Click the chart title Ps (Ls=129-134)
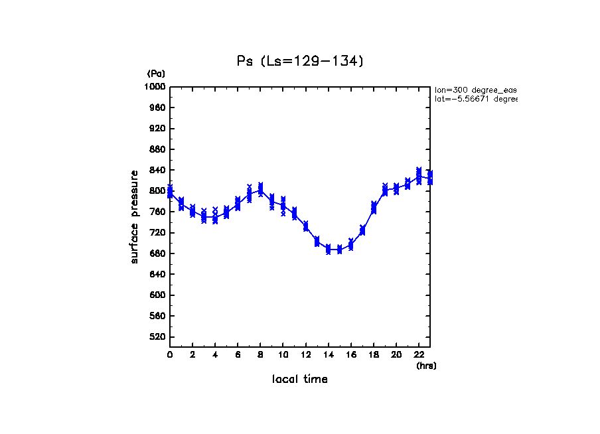pyautogui.click(x=300, y=61)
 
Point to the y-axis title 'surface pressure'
pyautogui.click(x=135, y=216)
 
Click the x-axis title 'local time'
pyautogui.click(x=299, y=379)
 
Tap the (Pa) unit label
pyautogui.click(x=156, y=74)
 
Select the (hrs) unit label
pyautogui.click(x=426, y=365)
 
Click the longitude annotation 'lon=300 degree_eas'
pyautogui.click(x=475, y=90)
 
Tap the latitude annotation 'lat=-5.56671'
pyautogui.click(x=475, y=99)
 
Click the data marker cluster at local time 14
pyautogui.click(x=328, y=250)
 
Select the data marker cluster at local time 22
pyautogui.click(x=418, y=176)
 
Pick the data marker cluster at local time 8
pyautogui.click(x=260, y=189)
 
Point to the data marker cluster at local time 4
pyautogui.click(x=215, y=215)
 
